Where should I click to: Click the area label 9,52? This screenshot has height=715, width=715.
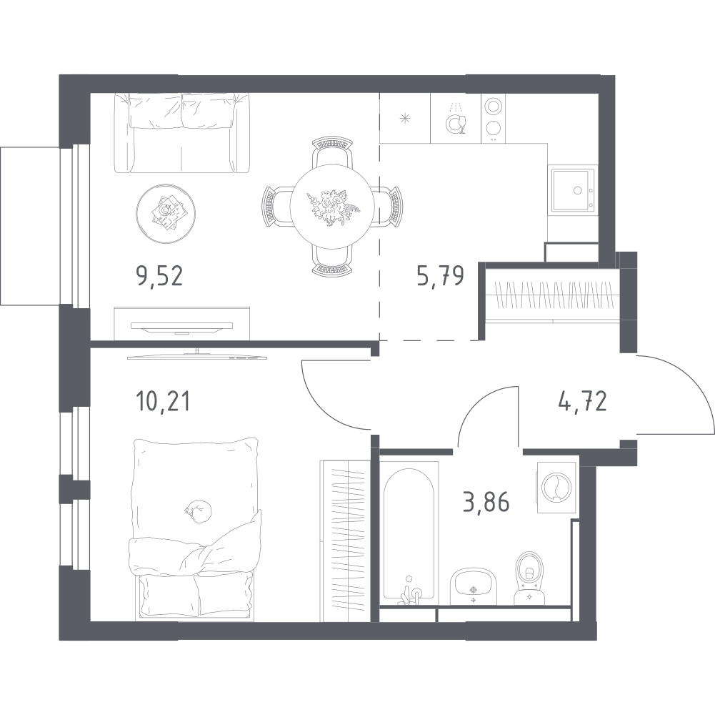pos(159,275)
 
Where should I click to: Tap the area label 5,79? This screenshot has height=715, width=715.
pos(441,275)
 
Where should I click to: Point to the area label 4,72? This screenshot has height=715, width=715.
pos(582,402)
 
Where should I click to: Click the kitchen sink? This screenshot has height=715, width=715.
pos(572,189)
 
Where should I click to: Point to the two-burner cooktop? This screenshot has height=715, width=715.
pos(491,117)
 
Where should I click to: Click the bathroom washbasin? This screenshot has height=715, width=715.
pos(474,584)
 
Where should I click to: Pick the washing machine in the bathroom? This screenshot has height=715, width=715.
pos(555,486)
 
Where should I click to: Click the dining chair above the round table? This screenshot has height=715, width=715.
pos(333,153)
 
